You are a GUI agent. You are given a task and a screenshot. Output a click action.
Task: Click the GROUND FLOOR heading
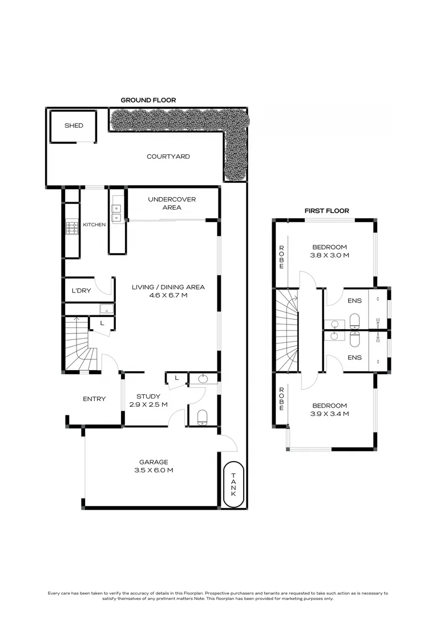click(148, 100)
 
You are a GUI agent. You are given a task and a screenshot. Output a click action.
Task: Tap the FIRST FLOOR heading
click(326, 211)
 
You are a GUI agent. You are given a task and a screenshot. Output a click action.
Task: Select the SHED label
click(74, 126)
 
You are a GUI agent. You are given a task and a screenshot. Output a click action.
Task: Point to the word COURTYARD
click(168, 157)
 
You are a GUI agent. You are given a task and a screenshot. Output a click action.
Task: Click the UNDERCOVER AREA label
click(172, 203)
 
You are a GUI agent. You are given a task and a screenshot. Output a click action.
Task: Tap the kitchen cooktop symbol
click(72, 228)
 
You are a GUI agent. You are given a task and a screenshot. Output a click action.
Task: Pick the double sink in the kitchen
click(117, 213)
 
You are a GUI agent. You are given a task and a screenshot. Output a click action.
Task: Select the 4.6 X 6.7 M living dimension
click(168, 296)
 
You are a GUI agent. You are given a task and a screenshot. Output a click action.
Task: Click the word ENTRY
click(94, 399)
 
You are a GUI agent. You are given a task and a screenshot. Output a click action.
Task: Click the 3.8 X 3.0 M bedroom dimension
click(329, 255)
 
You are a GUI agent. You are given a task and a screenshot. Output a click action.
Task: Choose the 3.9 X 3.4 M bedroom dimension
click(329, 414)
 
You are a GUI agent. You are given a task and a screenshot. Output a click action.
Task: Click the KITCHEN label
click(94, 225)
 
